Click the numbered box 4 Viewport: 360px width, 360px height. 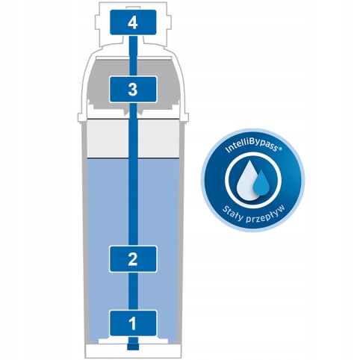pos(133,22)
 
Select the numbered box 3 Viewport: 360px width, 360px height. pos(133,90)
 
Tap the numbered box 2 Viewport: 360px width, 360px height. pos(133,259)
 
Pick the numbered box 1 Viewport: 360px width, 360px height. pos(133,323)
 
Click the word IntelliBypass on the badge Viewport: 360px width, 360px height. pos(251,146)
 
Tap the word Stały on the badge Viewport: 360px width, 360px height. pos(232,214)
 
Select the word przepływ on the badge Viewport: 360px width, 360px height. pos(265,214)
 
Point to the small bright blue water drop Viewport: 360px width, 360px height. pos(261,182)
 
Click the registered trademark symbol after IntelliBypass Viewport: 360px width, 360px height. pos(280,149)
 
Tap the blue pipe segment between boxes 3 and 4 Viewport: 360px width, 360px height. pos(133,56)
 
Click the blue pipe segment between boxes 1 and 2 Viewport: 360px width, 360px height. pos(133,291)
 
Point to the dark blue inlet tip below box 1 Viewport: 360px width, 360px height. pos(133,347)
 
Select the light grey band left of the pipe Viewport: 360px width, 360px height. pos(108,138)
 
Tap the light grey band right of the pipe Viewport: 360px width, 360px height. pos(158,138)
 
